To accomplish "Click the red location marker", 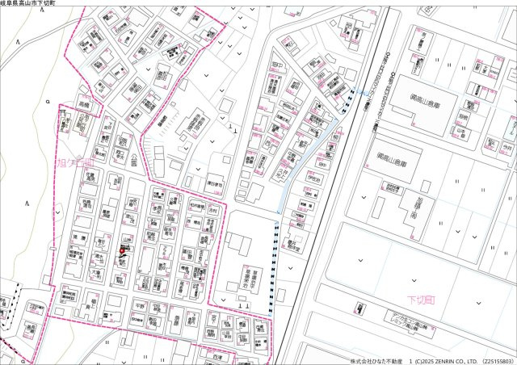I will (122, 251).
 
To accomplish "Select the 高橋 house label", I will (84, 105).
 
